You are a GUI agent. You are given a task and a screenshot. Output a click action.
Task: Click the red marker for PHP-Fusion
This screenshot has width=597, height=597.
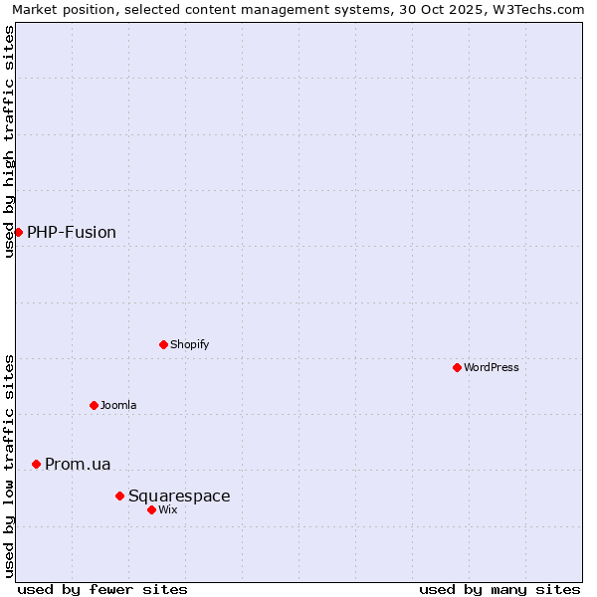click(18, 232)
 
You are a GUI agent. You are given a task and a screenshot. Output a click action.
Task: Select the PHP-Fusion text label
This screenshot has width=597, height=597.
click(72, 233)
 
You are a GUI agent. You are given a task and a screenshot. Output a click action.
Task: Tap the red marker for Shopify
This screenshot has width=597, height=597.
click(163, 344)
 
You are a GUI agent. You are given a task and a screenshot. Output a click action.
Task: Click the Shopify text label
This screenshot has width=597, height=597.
click(189, 345)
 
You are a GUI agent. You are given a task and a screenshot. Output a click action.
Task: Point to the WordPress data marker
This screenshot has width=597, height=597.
click(457, 367)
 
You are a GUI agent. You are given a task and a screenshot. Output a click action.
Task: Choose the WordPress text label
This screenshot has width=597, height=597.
click(492, 368)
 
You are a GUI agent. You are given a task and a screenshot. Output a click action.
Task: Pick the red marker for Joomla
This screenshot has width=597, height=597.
click(94, 405)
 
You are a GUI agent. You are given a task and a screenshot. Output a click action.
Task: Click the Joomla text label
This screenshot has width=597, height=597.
click(118, 406)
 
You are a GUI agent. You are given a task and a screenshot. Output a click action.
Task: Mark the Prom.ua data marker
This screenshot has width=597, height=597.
click(36, 464)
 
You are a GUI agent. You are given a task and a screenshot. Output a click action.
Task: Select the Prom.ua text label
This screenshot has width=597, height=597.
click(78, 465)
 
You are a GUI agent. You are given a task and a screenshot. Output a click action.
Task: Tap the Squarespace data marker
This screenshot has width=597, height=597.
click(119, 496)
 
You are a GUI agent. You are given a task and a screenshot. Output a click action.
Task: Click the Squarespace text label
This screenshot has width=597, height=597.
click(179, 497)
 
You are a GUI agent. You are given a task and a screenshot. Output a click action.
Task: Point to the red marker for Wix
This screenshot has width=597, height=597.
click(151, 509)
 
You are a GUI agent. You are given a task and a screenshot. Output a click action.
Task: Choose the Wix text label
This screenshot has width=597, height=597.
click(167, 510)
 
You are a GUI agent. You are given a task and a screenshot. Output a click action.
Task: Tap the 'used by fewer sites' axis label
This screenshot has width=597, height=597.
click(102, 590)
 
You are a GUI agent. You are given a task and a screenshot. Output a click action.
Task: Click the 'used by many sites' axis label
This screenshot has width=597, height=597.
click(499, 590)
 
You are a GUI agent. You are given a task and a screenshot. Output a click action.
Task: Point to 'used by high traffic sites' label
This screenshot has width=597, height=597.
click(10, 141)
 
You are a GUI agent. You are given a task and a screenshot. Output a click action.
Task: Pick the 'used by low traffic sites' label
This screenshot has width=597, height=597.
click(10, 465)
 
